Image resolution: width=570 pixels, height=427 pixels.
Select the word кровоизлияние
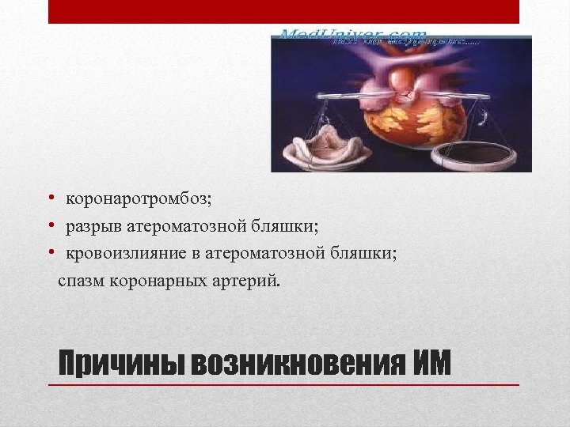pyautogui.click(x=122, y=253)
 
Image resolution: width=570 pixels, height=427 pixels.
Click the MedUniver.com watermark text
pyautogui.click(x=352, y=36)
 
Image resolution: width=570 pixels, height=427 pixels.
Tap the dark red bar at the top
pyautogui.click(x=283, y=12)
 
